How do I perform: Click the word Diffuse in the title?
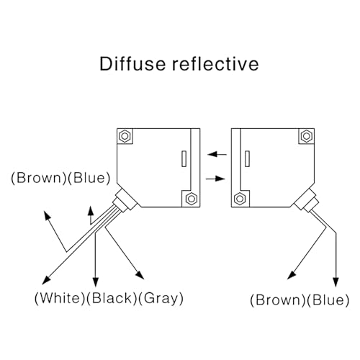132,64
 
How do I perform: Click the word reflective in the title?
215,64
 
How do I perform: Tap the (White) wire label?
60,298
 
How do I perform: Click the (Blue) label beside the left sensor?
89,178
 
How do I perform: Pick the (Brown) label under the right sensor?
278,300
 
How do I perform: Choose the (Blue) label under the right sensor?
328,300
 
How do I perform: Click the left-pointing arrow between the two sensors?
217,154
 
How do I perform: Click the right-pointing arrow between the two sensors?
215,179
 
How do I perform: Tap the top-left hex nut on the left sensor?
125,136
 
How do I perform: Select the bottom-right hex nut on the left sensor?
192,199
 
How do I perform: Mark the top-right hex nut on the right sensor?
307,136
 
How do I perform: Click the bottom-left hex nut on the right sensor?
240,199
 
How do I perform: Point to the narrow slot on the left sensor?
184,158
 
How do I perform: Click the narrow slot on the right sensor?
247,158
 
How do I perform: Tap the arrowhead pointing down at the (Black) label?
96,282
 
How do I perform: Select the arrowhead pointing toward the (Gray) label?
140,275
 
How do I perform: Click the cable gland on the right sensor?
307,201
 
